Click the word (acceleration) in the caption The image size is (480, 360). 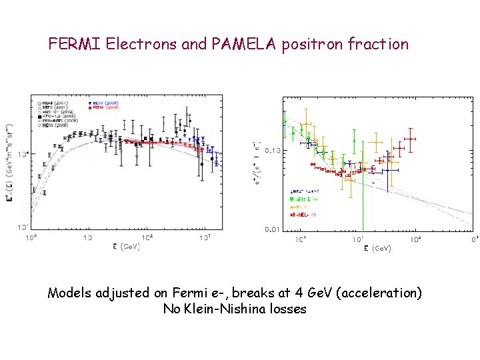coord(389,293)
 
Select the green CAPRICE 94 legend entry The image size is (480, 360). coord(307,198)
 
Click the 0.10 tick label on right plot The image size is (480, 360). coord(272,151)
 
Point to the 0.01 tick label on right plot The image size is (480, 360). coord(272,230)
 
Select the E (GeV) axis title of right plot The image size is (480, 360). coord(377,248)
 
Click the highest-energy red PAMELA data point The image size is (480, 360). coord(409,139)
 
